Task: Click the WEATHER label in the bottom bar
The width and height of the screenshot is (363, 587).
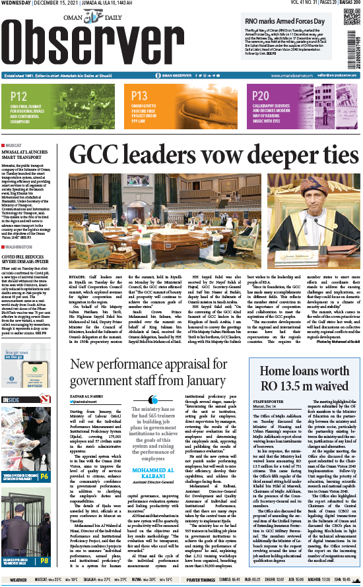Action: click(x=18, y=580)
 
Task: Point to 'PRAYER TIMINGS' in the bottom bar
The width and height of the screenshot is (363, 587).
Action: click(x=201, y=580)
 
